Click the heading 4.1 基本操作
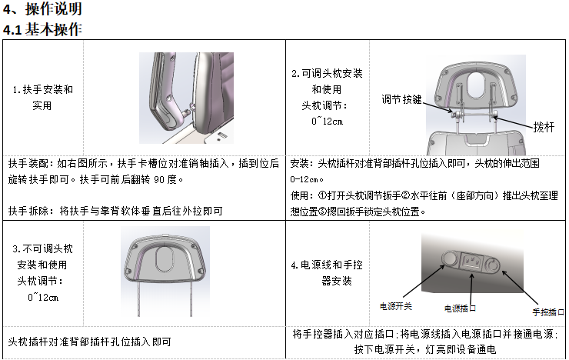tap(42, 29)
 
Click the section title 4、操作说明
tap(42, 8)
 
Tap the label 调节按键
tap(401, 99)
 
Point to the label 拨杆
tap(544, 127)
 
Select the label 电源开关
tap(395, 306)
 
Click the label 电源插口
tap(460, 308)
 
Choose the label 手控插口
tap(548, 312)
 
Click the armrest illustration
tap(186, 98)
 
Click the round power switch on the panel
tap(450, 258)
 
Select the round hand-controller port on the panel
tap(492, 265)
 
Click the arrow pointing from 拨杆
tap(513, 122)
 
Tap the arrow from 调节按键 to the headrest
tap(438, 107)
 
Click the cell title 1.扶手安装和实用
tap(43, 97)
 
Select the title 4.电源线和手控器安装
tap(327, 272)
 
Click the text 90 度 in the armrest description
tap(165, 179)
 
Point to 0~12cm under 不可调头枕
tap(43, 297)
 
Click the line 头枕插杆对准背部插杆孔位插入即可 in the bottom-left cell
tap(89, 342)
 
